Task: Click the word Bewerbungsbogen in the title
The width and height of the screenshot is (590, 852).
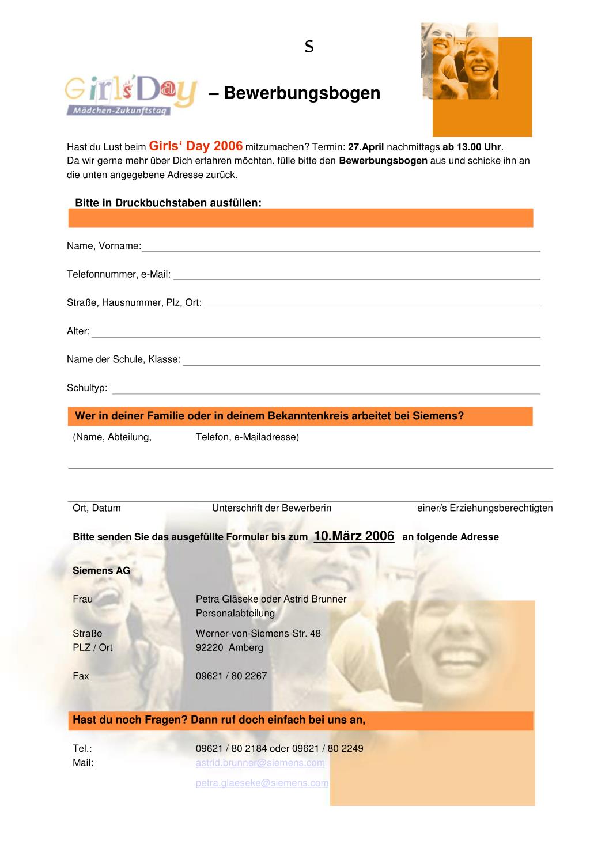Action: click(x=302, y=93)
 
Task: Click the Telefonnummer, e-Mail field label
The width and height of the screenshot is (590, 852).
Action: click(x=119, y=274)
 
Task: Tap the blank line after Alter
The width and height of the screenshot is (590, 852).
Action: click(x=316, y=334)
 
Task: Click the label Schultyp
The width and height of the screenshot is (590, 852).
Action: click(x=87, y=388)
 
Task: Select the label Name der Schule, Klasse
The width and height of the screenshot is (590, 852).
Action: click(x=123, y=359)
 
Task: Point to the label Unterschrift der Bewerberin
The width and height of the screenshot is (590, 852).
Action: click(x=271, y=508)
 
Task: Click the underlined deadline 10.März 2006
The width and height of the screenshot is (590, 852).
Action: click(x=354, y=536)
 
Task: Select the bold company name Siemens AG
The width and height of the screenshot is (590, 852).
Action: click(x=101, y=570)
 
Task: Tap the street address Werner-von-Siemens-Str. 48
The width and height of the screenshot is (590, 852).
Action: click(x=258, y=633)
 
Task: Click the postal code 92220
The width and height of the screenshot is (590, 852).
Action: click(x=209, y=647)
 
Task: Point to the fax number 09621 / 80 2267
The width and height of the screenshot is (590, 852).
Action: click(x=231, y=676)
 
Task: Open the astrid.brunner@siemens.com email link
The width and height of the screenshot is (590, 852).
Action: click(x=260, y=763)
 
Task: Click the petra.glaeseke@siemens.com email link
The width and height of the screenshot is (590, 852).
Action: click(x=262, y=783)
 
